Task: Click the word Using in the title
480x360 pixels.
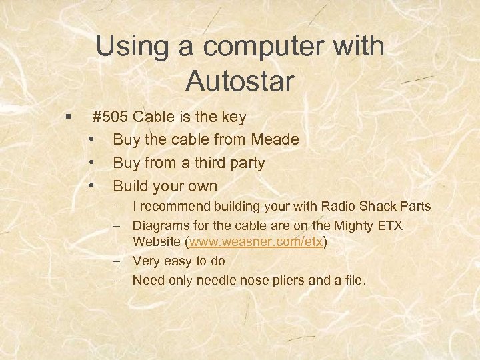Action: click(x=127, y=47)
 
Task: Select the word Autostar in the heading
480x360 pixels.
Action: click(x=240, y=81)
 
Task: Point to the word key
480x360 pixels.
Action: click(x=233, y=118)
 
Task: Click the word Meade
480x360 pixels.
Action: click(x=275, y=140)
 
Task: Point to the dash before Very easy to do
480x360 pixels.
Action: click(x=117, y=261)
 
